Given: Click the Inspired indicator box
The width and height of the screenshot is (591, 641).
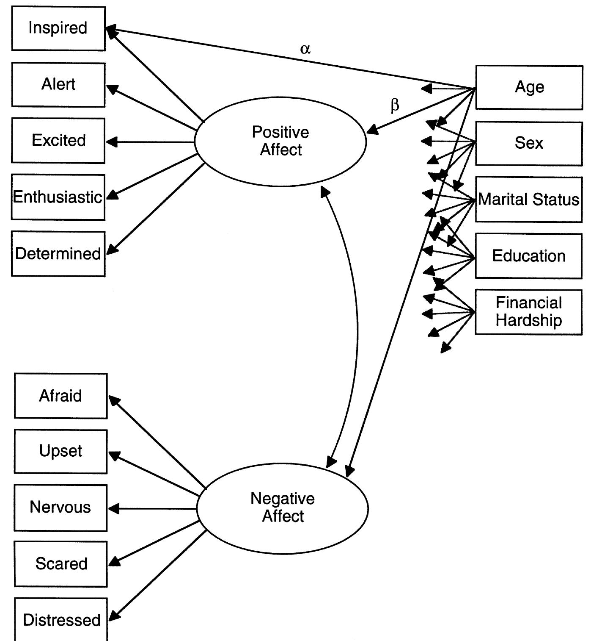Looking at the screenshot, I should pos(58,28).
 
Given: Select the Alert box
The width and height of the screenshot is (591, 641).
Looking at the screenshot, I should pos(58,85).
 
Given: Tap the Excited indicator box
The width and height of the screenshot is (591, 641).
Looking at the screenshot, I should pos(58,141).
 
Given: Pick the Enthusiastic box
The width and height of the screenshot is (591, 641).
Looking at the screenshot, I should pos(58,197).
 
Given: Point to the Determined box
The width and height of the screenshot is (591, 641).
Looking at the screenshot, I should pos(58,254).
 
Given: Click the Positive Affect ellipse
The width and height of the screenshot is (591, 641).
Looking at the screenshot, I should pos(280,142).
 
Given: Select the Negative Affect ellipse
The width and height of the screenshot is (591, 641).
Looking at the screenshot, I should pos(283,508).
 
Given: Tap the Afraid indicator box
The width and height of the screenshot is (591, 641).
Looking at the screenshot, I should pos(60,396).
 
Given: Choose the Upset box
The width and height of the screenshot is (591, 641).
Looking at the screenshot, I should pos(60,451).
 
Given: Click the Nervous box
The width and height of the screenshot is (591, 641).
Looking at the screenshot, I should pos(60,508).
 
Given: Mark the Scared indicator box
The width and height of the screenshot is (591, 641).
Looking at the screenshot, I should pos(60,564).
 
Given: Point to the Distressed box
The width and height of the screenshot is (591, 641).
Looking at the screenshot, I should pos(61,619).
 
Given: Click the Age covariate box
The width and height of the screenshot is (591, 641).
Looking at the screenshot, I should pos(529,87).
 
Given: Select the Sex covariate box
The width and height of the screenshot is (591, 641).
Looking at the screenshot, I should pos(529,143).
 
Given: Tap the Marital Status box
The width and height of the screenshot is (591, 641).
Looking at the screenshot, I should pos(528,199).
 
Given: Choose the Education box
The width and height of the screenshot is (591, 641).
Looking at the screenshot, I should pos(528,256).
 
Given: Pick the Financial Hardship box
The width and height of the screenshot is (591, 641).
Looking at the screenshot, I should pos(528,312).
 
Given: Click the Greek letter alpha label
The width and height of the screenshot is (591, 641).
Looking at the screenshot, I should pos(305,49).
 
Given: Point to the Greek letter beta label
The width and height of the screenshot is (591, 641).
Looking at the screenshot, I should pos(394,105).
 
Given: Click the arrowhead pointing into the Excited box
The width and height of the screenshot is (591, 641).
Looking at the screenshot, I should pos(112,142).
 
